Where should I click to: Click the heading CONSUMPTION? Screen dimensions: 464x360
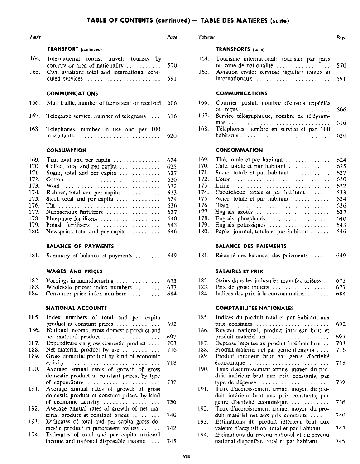coord(66,150)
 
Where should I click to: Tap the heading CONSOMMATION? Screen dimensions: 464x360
coord(239,150)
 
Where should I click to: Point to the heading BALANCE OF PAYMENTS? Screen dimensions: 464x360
coord(80,246)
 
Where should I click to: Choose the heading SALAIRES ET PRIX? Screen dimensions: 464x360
coord(240,271)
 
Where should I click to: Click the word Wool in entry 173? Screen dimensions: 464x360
coord(53,186)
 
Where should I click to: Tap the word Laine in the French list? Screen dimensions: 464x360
coord(223,186)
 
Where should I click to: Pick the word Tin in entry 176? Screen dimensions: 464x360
coord(50,205)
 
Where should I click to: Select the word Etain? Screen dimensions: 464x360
coord(222,205)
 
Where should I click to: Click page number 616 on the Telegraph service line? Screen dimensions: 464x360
coord(172,116)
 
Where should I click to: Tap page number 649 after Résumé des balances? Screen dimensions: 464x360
coord(341,256)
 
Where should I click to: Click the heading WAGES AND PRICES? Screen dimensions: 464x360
coord(71,271)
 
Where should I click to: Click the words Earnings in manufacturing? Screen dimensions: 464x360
coord(80,280)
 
